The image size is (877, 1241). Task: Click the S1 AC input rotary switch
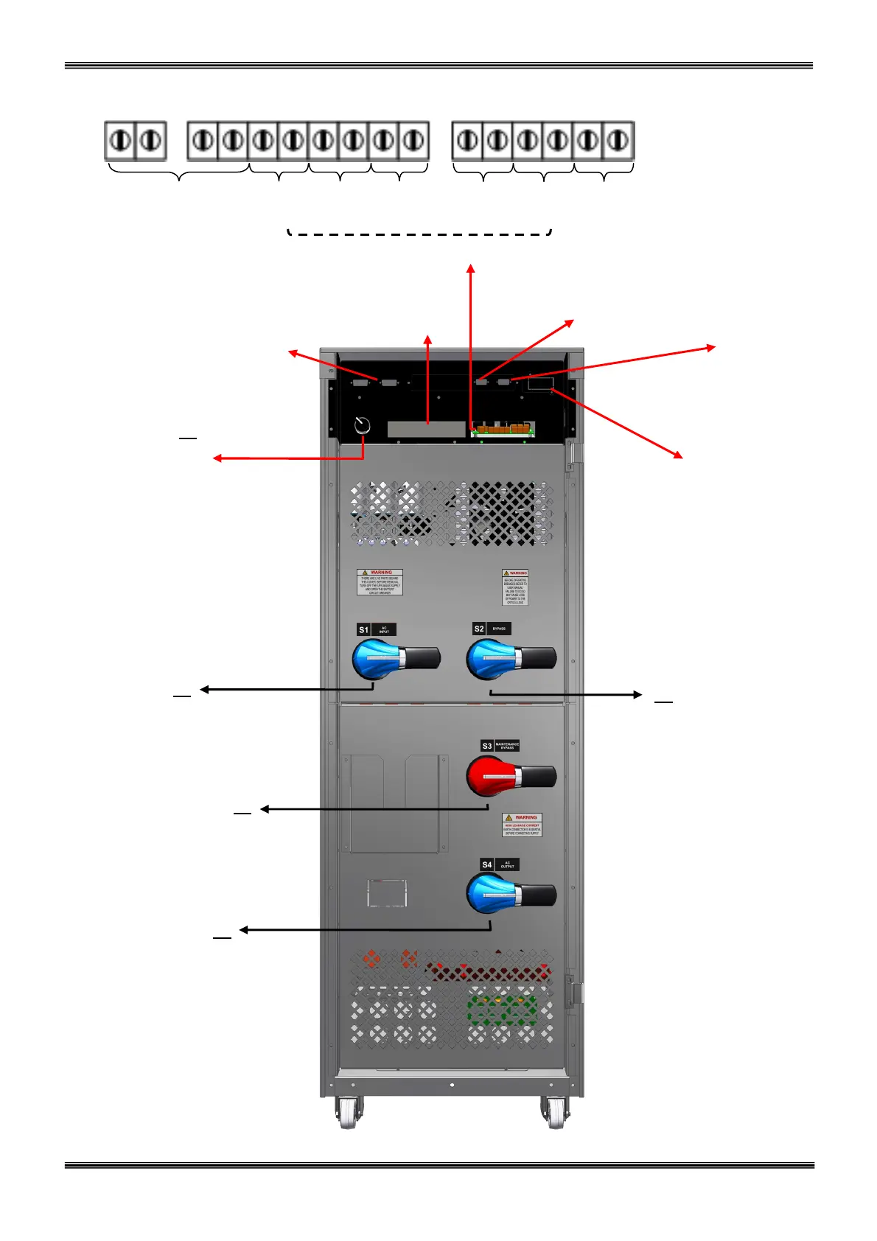pos(394,658)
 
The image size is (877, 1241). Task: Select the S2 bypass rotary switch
pos(510,658)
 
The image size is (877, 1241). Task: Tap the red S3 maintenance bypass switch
pos(510,776)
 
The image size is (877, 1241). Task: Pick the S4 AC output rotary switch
pos(510,894)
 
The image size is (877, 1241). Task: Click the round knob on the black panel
pos(362,425)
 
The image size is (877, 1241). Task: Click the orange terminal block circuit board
pos(503,428)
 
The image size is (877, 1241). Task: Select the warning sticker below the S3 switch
pos(522,825)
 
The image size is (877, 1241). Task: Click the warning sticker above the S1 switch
pos(380,581)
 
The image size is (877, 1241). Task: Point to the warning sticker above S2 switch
pos(515,587)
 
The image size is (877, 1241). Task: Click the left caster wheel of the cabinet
pos(348,1113)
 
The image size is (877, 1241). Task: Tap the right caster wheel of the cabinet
pos(555,1113)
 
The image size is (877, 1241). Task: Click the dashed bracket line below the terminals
pos(419,234)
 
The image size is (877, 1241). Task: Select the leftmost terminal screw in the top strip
pos(120,140)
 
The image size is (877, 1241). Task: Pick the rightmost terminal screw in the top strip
pos(618,140)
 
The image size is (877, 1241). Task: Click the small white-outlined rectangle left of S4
pos(387,892)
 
